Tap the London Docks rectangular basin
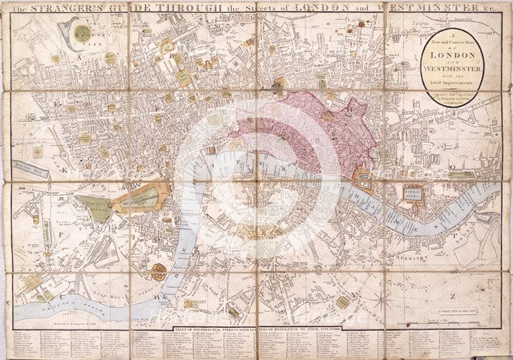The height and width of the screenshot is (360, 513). pos(413,194)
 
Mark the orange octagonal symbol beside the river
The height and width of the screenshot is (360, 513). pos(159,272)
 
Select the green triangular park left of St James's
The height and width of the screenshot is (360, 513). pos(95,208)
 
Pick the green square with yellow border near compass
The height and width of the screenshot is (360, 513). pos(342,302)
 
